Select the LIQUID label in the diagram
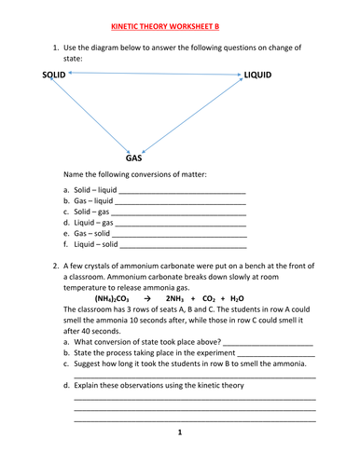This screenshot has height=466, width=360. (258, 74)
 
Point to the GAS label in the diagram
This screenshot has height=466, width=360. (134, 158)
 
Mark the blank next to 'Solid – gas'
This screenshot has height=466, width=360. (177, 213)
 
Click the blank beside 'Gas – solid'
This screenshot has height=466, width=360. (177, 236)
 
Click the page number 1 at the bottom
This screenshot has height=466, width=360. (180, 432)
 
